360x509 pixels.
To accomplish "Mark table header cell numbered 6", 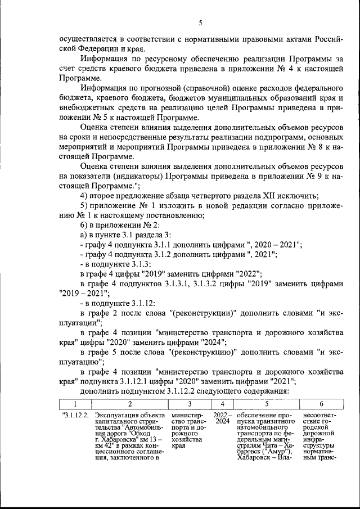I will click(321, 404).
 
